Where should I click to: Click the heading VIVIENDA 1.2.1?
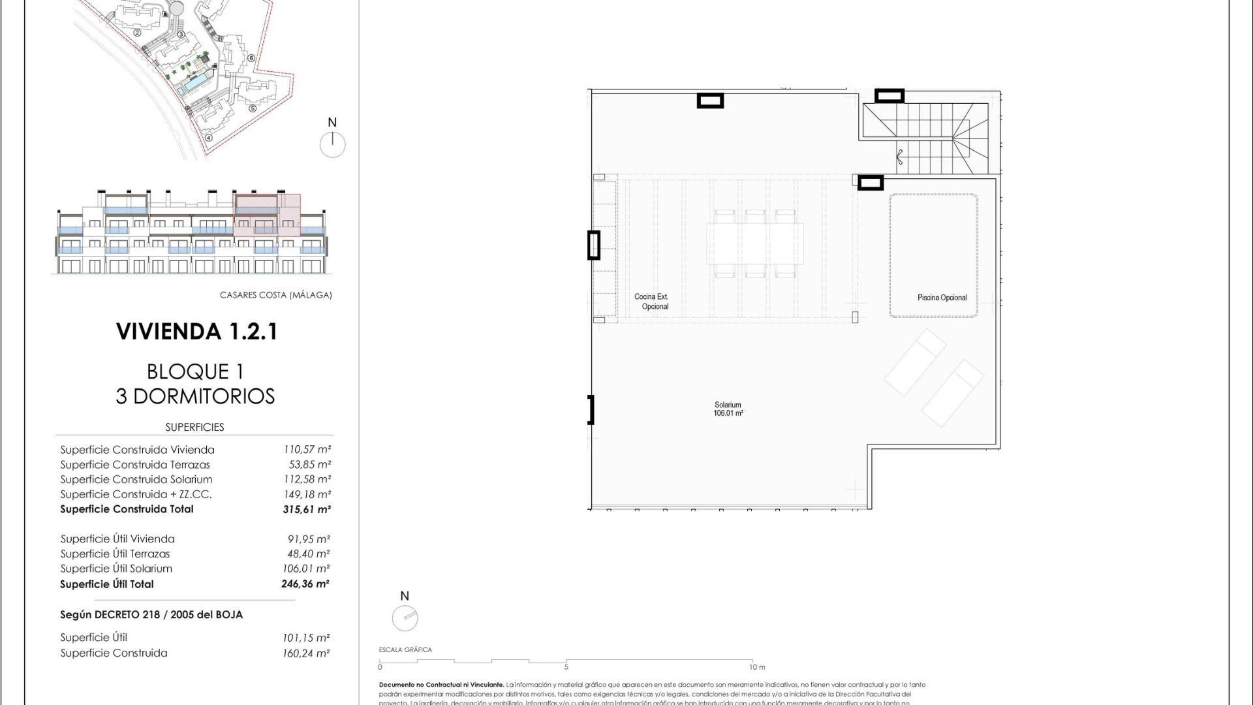tap(196, 332)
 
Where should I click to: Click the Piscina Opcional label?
tap(942, 298)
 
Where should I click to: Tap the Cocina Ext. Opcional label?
tap(651, 302)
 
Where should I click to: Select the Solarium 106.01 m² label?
tap(728, 409)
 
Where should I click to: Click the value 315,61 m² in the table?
tap(306, 510)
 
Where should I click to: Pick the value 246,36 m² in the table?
tap(305, 584)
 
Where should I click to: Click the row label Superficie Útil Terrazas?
tap(115, 554)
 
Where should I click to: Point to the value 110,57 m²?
tap(306, 450)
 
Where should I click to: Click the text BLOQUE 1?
tap(195, 372)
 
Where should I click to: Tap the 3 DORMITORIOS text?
tap(195, 396)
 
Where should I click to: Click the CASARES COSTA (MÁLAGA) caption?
tap(275, 295)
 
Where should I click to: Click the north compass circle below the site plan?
tap(332, 144)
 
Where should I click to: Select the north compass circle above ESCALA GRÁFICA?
tap(405, 618)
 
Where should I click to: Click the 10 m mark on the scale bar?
tap(756, 667)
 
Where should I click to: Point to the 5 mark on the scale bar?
tap(566, 667)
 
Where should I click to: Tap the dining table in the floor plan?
tap(755, 243)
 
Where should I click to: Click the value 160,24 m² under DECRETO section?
tap(306, 653)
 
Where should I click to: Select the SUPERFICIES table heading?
tap(194, 428)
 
